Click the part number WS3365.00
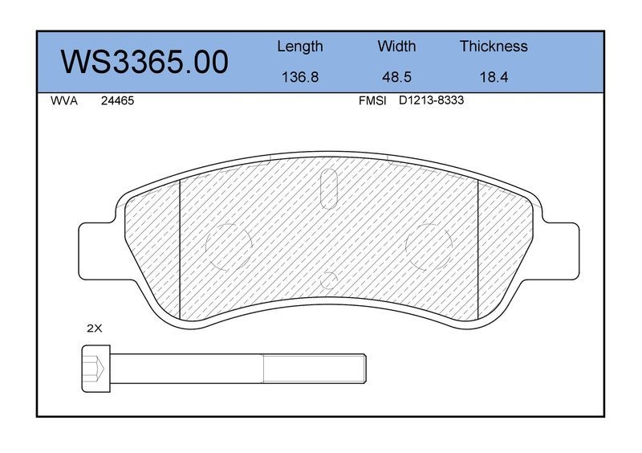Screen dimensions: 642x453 [144, 62]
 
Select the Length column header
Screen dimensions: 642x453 [300, 47]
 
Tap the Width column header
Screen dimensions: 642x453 [396, 46]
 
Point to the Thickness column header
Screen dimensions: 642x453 [494, 46]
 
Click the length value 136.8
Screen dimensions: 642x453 [300, 76]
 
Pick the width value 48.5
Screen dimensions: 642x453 [396, 76]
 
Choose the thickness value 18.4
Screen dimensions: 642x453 [494, 76]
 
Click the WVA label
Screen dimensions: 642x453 [64, 101]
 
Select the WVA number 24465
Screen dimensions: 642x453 [117, 101]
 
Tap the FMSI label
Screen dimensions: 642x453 [372, 101]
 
